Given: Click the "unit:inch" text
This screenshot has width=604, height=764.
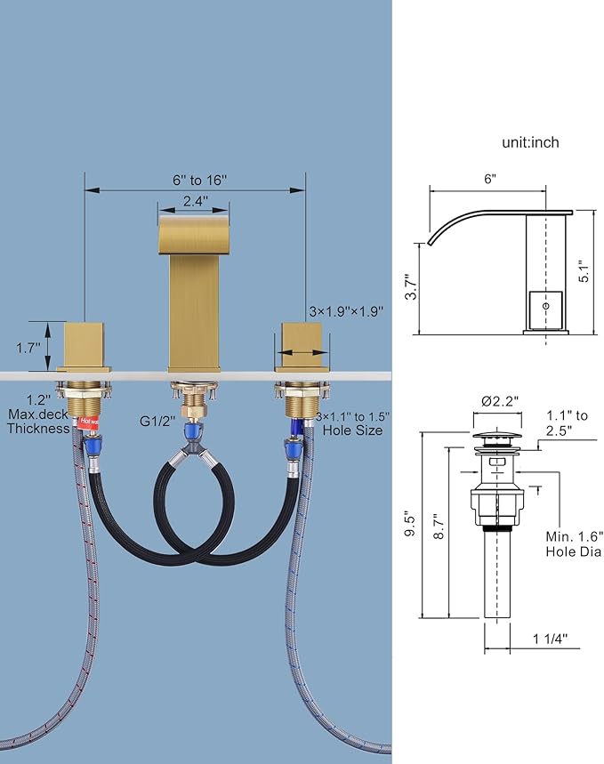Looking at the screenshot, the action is point(530,142).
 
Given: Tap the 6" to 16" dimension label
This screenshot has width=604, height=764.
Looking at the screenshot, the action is point(200,180).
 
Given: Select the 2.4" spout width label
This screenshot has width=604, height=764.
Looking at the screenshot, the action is point(196,201).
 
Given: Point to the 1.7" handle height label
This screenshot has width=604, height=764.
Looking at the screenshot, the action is point(28,348).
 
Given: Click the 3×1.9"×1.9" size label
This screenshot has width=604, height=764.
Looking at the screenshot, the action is point(346,311).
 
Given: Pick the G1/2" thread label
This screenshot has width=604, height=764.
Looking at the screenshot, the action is point(157,421).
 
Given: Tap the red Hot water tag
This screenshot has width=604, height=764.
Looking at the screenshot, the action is point(88,422).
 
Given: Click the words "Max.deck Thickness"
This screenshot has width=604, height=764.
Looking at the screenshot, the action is point(38,422).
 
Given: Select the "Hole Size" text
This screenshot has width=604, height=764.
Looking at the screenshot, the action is point(352,430).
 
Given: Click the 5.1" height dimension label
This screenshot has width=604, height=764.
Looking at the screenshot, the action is point(584,272).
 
